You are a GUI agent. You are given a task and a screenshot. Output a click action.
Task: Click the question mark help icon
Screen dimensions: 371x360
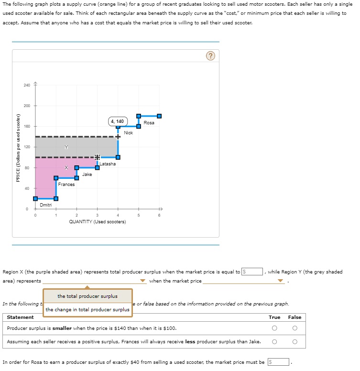[211, 56]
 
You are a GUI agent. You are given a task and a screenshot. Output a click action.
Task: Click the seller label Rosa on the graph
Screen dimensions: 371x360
[149, 123]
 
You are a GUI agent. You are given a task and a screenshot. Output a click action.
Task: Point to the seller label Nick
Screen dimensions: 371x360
[128, 133]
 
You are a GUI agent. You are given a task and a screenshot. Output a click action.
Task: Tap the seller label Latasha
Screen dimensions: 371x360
[108, 164]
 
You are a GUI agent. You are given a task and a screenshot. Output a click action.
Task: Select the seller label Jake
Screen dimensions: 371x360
[87, 175]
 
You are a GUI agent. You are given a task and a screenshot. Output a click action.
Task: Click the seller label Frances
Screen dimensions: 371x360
[66, 185]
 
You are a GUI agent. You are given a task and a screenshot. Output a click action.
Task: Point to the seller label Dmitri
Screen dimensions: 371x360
[46, 205]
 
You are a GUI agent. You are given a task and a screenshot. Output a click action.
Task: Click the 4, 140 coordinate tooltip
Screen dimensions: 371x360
[117, 121]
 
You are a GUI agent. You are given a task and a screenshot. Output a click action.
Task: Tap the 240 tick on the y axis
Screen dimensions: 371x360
[27, 85]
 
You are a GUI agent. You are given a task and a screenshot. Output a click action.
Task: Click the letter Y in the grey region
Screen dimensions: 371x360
[66, 147]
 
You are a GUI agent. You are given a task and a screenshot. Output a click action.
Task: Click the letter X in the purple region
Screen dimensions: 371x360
[66, 167]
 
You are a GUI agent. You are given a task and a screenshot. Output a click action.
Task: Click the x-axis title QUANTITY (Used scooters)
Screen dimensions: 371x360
[98, 222]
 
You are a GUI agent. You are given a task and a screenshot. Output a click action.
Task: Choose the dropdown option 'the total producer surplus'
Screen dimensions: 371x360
[87, 296]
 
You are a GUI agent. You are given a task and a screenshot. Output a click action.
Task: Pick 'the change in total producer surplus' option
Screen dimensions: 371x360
[87, 310]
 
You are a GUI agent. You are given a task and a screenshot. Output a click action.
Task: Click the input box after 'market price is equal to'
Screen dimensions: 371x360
[252, 272]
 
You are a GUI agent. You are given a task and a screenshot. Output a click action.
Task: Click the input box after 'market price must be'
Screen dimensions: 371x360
[278, 362]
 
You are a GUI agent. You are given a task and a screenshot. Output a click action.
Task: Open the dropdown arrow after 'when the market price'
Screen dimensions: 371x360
[281, 281]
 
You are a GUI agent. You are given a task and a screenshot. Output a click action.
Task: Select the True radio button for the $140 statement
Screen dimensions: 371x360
[274, 328]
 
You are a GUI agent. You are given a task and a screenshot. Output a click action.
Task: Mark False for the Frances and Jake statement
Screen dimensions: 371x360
[295, 342]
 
